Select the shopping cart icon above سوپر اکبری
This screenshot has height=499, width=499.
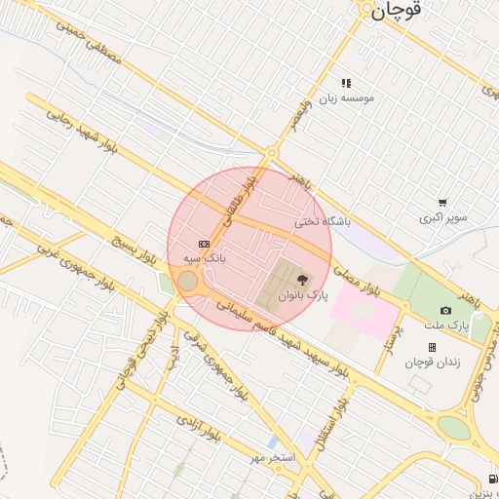click(x=443, y=203)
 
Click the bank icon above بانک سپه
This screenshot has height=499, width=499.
click(x=204, y=244)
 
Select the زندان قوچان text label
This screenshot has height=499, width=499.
click(x=432, y=363)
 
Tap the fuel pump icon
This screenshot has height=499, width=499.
click(x=491, y=478)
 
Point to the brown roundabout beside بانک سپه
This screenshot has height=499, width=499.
click(x=187, y=283)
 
